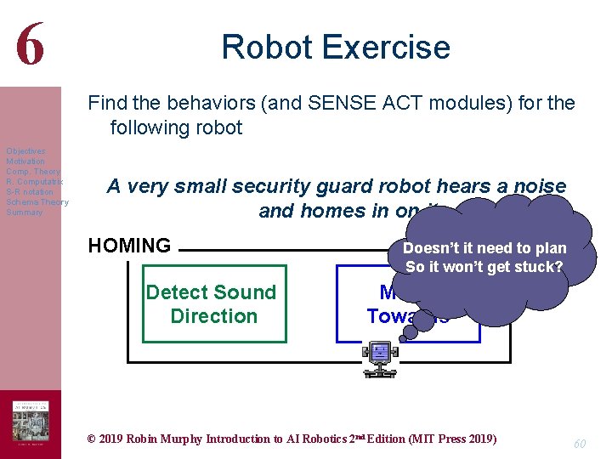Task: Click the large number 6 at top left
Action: [30, 44]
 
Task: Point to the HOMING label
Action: [129, 246]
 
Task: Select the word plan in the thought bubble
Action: [549, 248]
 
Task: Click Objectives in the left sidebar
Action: [25, 151]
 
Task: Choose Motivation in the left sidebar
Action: [25, 161]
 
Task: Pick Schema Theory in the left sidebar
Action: [37, 202]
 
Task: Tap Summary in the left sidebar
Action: [24, 212]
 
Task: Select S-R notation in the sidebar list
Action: [29, 192]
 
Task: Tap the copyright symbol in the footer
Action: [93, 439]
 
